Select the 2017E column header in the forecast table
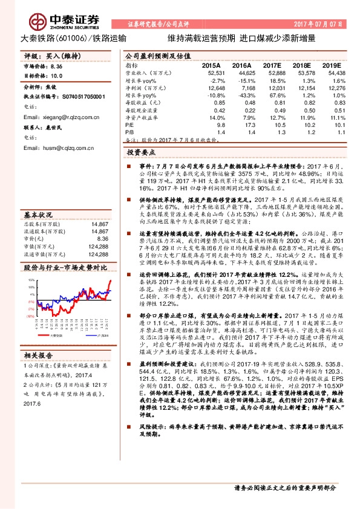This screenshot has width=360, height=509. pos(272,65)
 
